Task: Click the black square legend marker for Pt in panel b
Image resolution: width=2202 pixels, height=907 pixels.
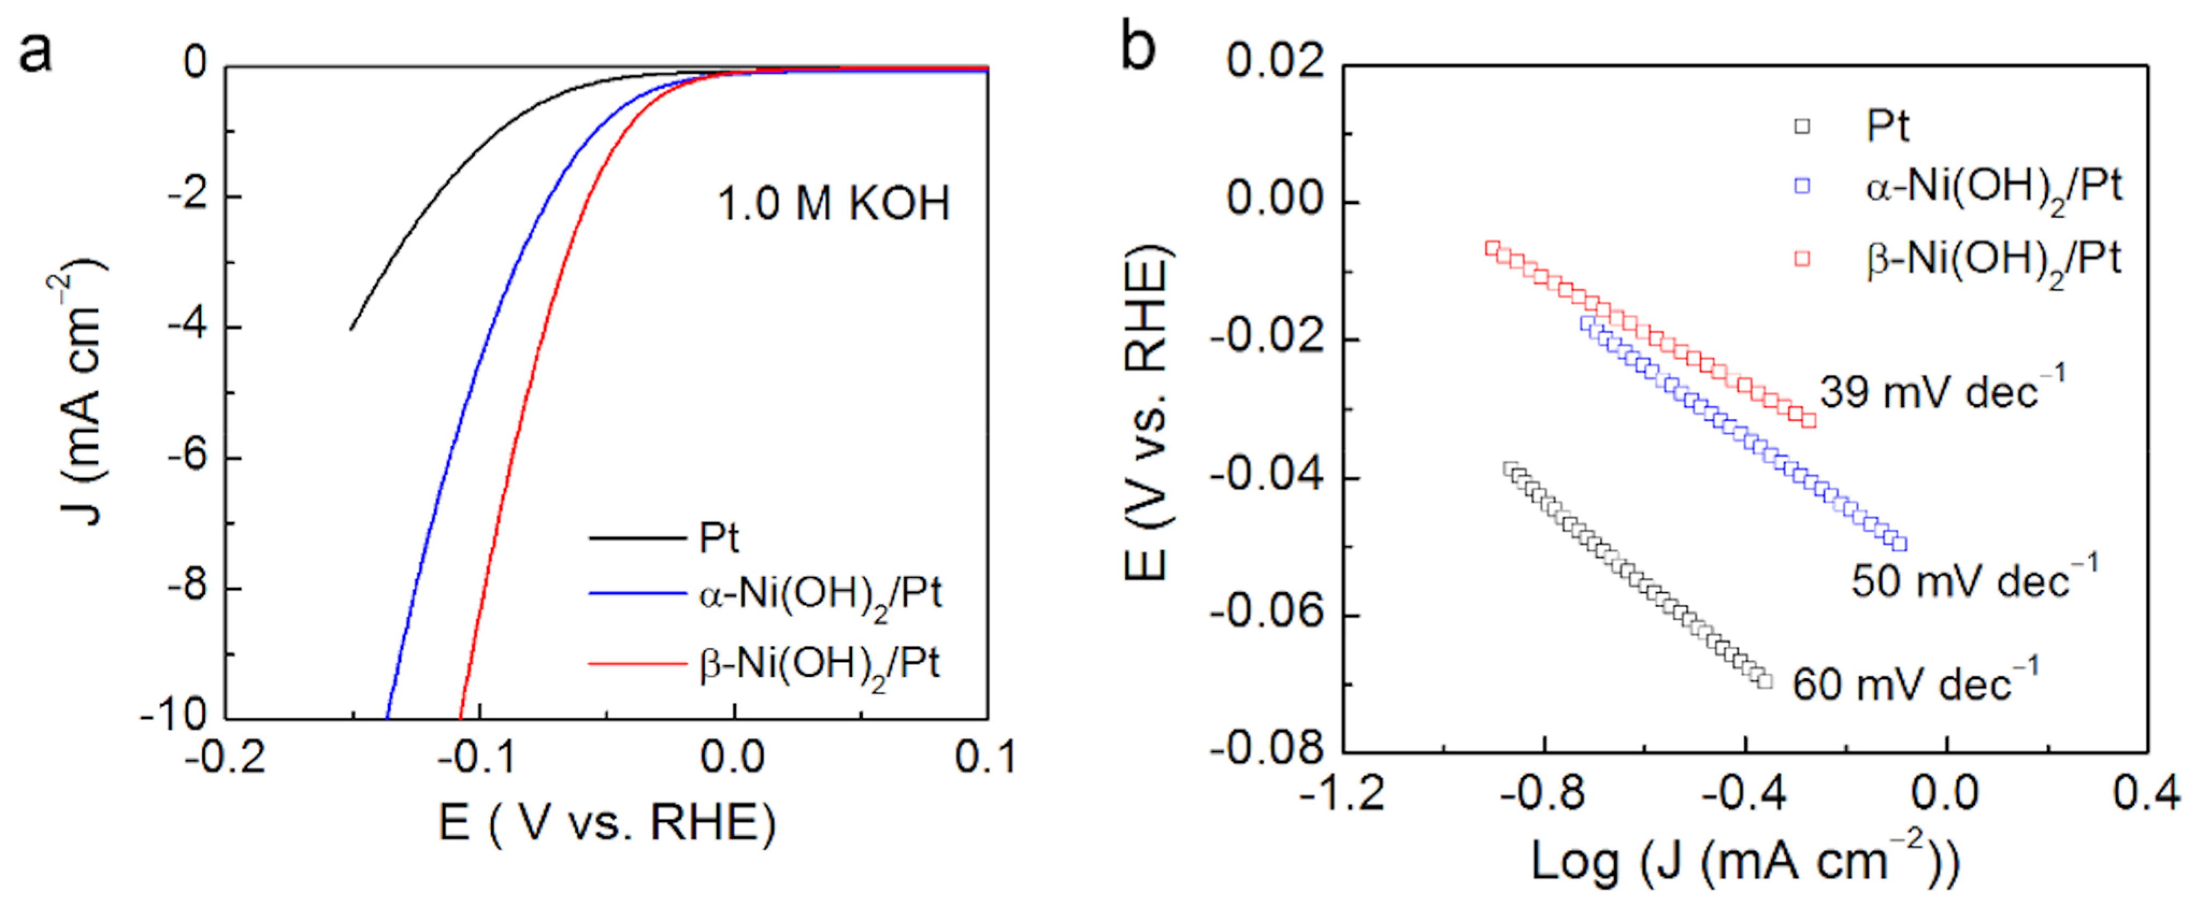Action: (x=1802, y=126)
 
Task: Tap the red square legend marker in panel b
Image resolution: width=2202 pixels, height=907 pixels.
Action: (x=1802, y=258)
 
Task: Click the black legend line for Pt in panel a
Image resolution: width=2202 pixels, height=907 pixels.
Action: (x=637, y=538)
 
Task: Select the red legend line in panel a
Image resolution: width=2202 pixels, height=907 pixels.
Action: (x=637, y=664)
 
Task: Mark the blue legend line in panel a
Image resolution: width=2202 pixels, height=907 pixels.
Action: (x=637, y=593)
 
